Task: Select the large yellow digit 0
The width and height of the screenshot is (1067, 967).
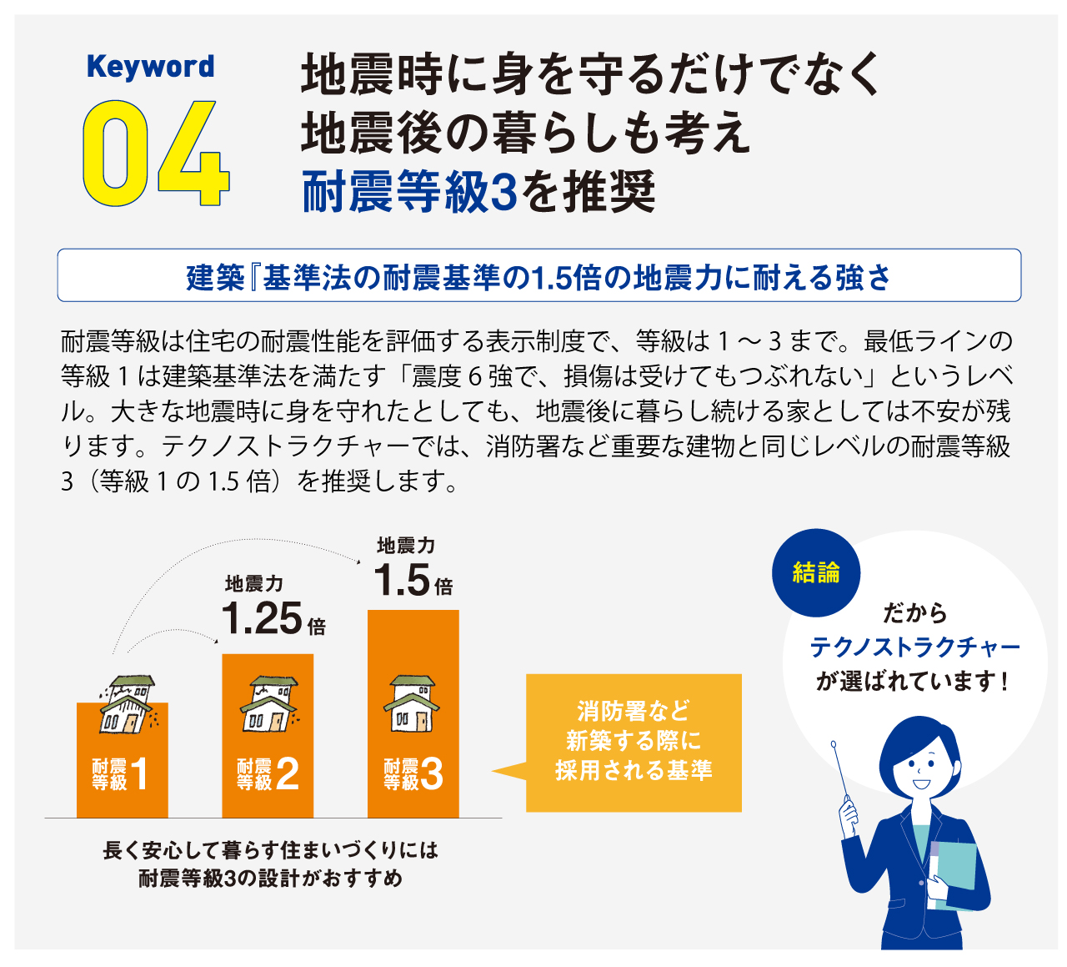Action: pyautogui.click(x=114, y=154)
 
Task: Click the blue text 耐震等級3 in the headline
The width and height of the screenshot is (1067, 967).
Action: pyautogui.click(x=409, y=192)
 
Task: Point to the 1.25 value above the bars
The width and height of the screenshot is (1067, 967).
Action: pyautogui.click(x=262, y=619)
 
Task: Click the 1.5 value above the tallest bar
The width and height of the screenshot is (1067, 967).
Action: pyautogui.click(x=402, y=580)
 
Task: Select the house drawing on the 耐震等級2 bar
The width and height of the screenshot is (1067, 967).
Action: pyautogui.click(x=269, y=703)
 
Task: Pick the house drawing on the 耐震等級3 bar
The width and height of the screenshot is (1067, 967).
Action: pyautogui.click(x=412, y=703)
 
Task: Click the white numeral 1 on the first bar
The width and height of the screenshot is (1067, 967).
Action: pyautogui.click(x=139, y=774)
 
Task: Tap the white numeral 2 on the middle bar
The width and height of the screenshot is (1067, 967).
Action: pyautogui.click(x=288, y=774)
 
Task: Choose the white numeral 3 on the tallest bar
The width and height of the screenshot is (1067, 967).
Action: pyautogui.click(x=432, y=774)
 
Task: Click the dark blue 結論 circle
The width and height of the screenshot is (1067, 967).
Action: pyautogui.click(x=816, y=573)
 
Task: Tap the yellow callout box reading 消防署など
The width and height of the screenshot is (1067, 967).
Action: pyautogui.click(x=633, y=743)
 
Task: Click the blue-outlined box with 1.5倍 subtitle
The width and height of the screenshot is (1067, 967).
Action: pyautogui.click(x=539, y=275)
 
